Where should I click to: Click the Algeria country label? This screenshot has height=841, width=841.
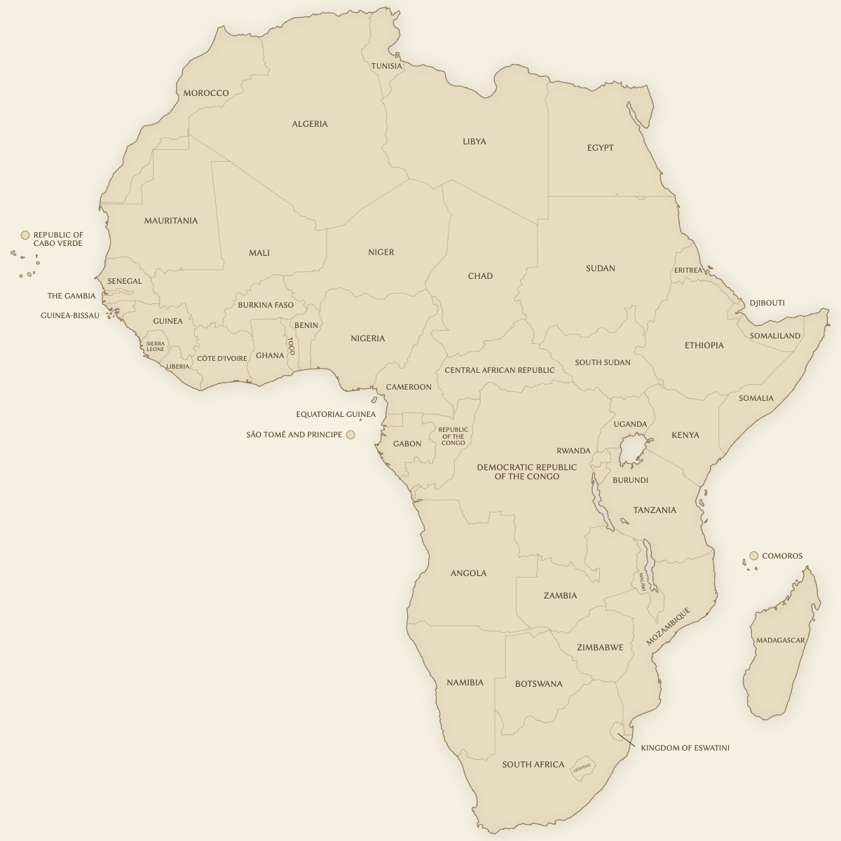pos(310,124)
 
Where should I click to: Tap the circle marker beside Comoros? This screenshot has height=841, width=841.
pos(754,556)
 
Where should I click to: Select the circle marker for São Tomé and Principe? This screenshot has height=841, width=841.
pos(350,435)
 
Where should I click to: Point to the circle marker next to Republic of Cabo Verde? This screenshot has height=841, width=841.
pos(25,235)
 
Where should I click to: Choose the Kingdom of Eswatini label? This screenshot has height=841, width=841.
pos(685,748)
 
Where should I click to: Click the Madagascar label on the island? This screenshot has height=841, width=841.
pos(780,640)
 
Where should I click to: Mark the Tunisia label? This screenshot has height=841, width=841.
pos(387,66)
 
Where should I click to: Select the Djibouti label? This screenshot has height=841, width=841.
pos(767,303)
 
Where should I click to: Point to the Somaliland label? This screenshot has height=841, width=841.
pos(774,336)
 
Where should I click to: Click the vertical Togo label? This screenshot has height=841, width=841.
pos(291,346)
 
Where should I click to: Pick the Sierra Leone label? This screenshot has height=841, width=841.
pos(156,346)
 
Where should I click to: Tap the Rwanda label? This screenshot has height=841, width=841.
pos(573,451)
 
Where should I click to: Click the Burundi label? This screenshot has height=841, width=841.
pos(630,480)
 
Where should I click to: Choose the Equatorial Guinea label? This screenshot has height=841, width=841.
pos(336,414)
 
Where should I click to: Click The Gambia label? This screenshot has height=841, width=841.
pos(71,296)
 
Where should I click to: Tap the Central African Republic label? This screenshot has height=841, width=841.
pos(499,370)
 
